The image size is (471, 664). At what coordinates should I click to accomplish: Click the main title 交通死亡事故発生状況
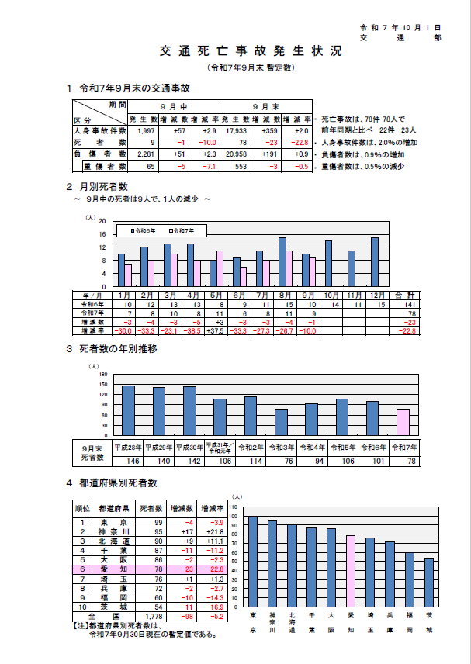(250, 52)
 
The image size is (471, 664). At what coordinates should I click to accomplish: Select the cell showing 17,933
(236, 132)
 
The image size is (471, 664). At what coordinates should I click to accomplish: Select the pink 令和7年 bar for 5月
(220, 268)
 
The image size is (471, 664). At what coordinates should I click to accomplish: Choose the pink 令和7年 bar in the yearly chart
(403, 422)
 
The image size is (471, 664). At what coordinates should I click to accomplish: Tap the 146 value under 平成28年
(127, 461)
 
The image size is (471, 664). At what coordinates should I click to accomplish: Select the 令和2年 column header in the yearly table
(251, 448)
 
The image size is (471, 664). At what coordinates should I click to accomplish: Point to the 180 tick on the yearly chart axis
(103, 375)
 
